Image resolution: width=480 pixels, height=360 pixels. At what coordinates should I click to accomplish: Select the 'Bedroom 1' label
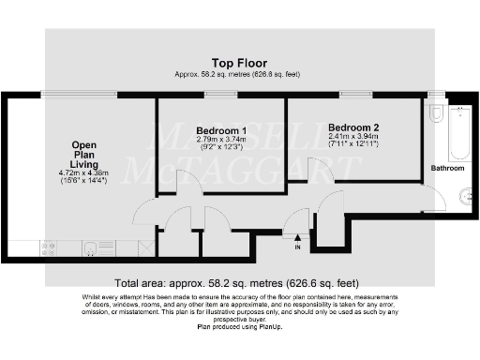(x=221, y=130)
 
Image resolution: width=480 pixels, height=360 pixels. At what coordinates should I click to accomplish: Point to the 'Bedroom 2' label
(x=353, y=127)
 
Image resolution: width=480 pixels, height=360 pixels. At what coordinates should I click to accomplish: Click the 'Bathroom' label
(x=446, y=169)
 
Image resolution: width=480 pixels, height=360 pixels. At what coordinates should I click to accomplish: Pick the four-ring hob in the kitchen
(x=48, y=248)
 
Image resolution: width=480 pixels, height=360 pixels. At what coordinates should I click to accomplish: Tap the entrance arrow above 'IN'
(x=298, y=236)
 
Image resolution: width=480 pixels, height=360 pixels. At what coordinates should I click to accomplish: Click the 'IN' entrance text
(x=297, y=247)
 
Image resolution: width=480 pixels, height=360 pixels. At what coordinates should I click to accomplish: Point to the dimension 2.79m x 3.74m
(x=221, y=141)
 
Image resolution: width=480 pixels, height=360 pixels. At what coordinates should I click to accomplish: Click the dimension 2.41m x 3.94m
(x=353, y=137)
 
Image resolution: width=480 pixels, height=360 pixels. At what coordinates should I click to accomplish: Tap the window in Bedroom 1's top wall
(x=220, y=95)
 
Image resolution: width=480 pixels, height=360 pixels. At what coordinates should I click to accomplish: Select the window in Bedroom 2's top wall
(x=353, y=95)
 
